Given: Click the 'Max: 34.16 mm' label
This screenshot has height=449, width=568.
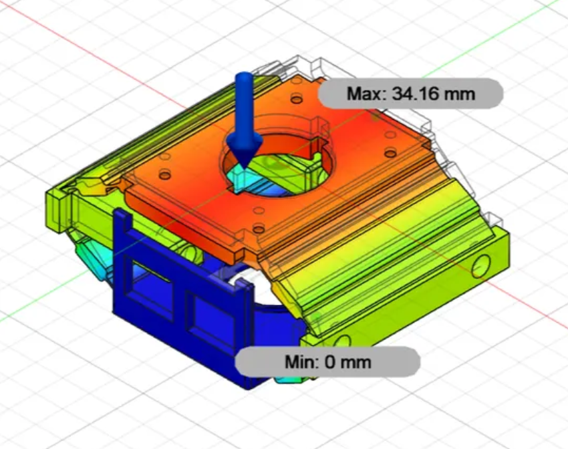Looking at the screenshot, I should coord(410,94).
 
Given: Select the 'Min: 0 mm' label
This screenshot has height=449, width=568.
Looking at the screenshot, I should coord(327,363).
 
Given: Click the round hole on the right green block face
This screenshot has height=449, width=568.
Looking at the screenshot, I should coord(480,266).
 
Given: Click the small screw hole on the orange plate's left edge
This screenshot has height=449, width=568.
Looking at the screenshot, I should coord(166,176).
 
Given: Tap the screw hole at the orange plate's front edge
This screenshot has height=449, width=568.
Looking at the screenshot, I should coord(258,229).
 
